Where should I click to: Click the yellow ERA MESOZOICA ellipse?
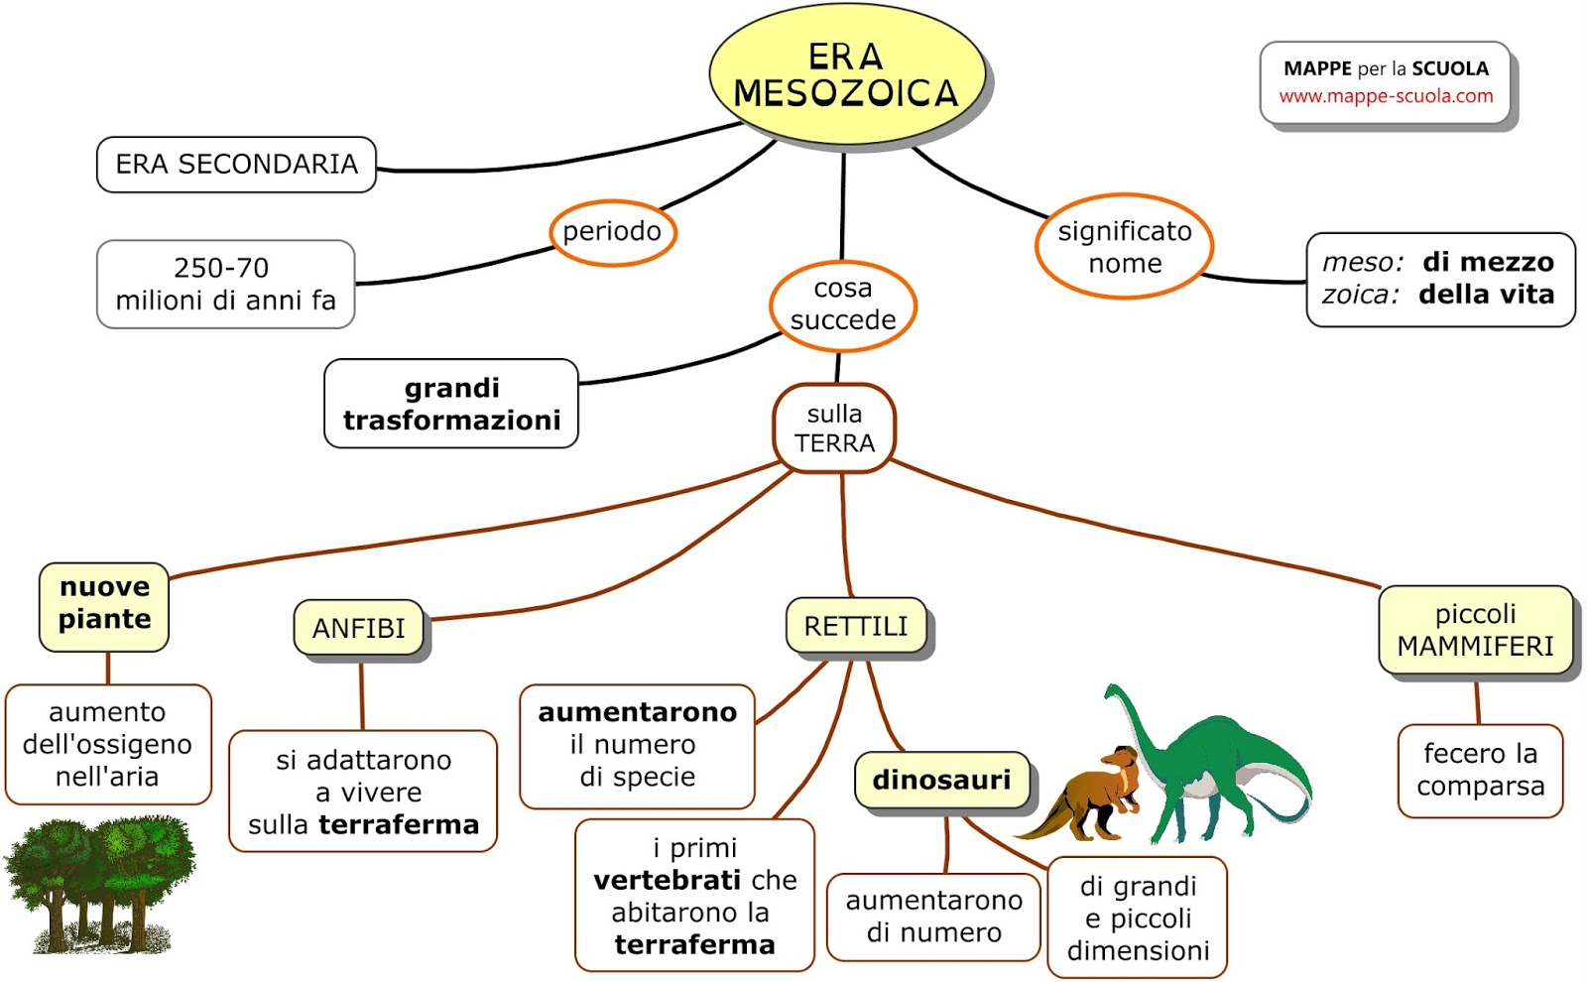(x=846, y=75)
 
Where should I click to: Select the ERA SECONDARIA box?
(x=236, y=165)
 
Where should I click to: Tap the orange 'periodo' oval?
(x=612, y=232)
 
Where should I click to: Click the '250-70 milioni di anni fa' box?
(x=225, y=285)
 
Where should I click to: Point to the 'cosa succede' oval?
(x=842, y=305)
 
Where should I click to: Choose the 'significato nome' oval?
(x=1124, y=247)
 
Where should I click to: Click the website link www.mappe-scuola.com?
(x=1386, y=96)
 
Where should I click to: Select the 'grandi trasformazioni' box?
(x=451, y=404)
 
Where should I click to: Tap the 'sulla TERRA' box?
(x=834, y=429)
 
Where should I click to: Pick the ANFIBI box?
(x=358, y=628)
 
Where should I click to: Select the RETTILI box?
(x=856, y=626)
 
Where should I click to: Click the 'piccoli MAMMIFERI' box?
(x=1475, y=630)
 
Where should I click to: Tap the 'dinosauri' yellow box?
(x=940, y=780)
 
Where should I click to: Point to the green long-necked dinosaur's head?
(x=1114, y=690)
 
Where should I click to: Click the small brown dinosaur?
(x=1091, y=794)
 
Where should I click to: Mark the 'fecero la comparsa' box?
(x=1480, y=771)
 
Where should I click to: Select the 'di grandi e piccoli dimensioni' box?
(x=1137, y=918)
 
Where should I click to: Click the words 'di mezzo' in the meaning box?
(x=1488, y=262)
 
